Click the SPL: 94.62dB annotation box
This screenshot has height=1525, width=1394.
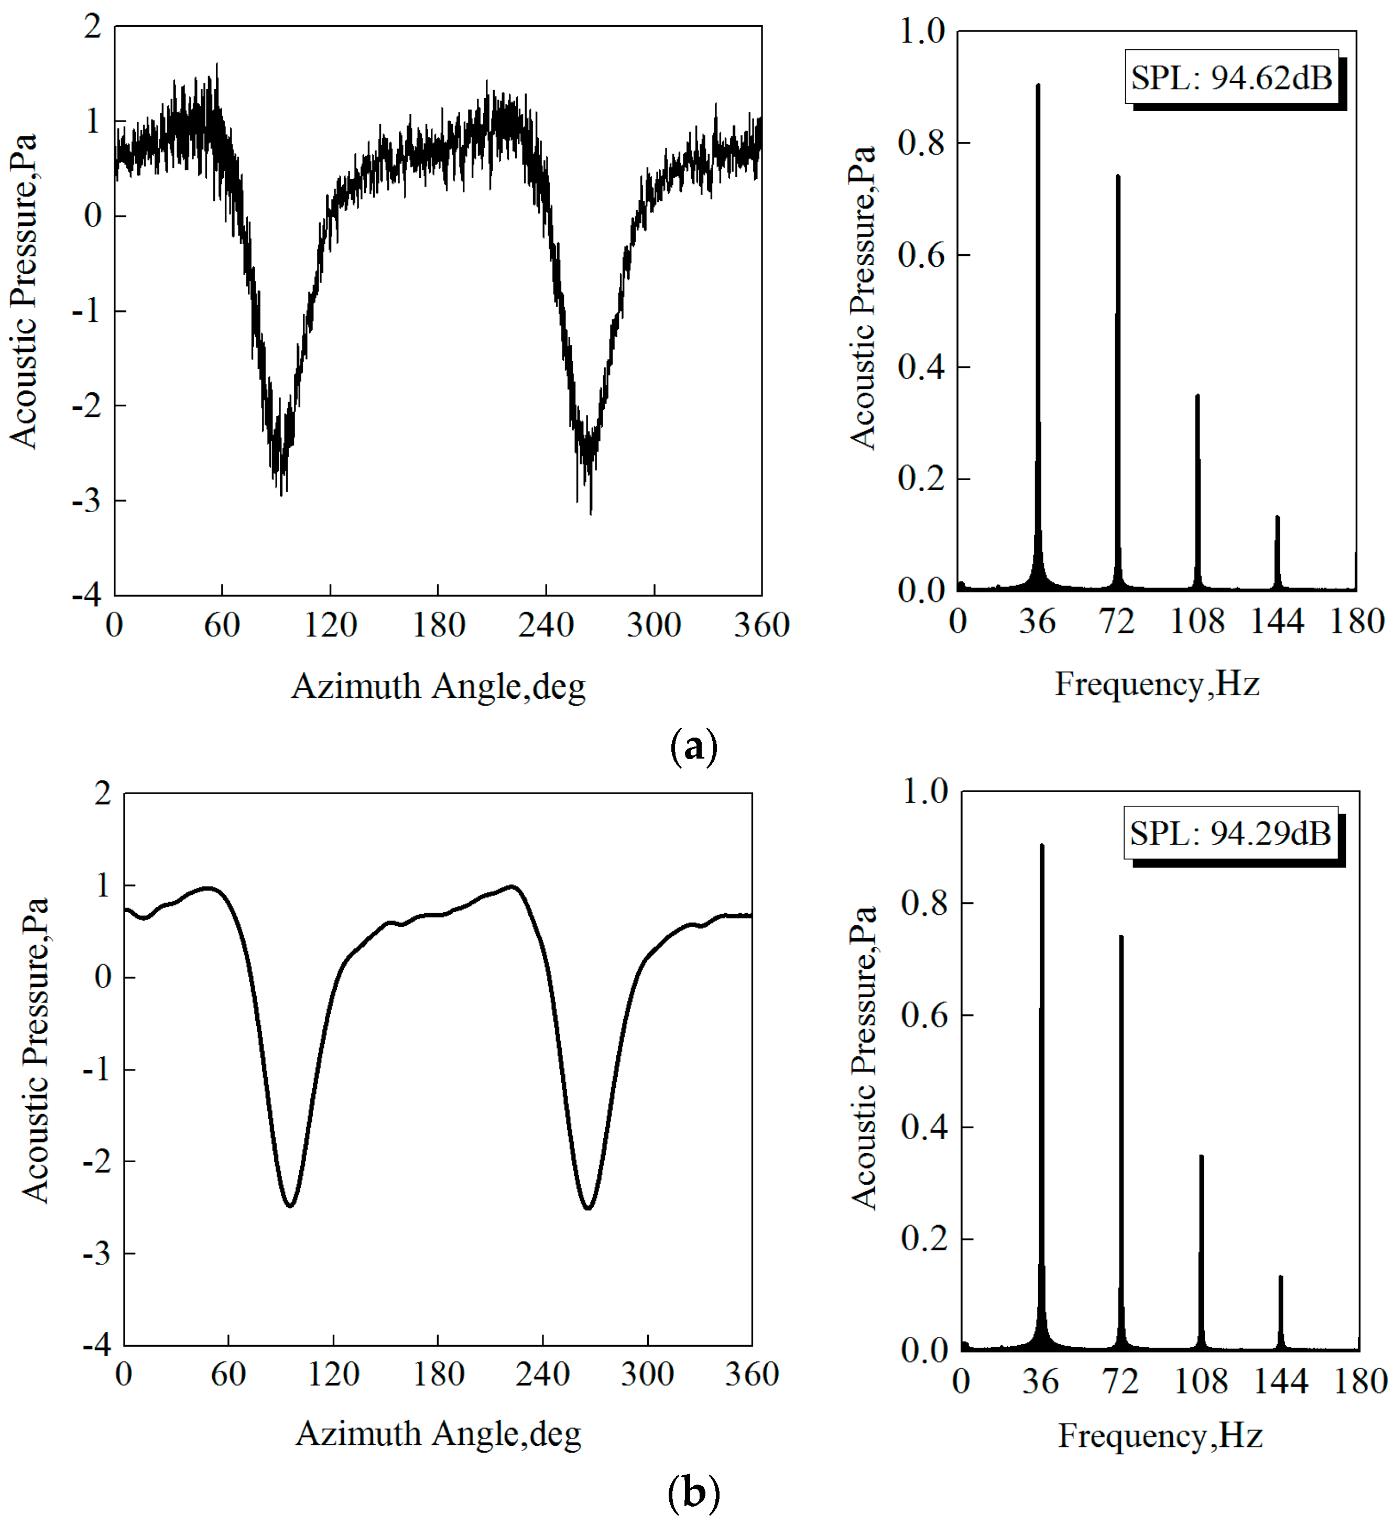pos(1230,77)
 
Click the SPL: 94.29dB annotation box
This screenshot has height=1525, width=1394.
pos(1230,833)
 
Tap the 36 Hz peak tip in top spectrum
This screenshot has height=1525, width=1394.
pos(1038,85)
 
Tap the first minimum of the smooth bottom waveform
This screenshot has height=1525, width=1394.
pos(290,1205)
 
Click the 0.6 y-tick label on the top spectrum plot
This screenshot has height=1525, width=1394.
pos(921,256)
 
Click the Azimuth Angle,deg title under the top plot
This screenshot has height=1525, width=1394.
pos(439,687)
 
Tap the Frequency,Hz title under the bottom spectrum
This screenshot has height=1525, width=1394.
pos(1160,1436)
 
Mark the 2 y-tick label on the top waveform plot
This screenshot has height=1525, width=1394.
pos(92,27)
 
